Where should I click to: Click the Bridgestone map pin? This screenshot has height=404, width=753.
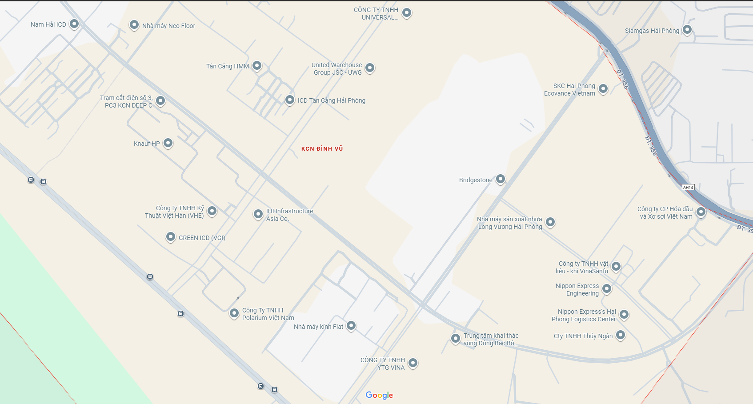[501, 179]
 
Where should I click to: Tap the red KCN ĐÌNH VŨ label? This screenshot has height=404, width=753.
[322, 149]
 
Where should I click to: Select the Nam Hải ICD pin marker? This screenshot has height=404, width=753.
[74, 24]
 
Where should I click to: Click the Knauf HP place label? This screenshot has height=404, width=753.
[147, 144]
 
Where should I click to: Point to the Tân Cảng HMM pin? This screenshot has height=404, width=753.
[257, 66]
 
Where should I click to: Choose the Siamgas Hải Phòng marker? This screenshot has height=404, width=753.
[687, 30]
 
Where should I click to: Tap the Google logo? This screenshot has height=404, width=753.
[379, 395]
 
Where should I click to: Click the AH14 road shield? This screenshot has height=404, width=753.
[688, 187]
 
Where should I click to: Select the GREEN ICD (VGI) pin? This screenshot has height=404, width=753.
[171, 236]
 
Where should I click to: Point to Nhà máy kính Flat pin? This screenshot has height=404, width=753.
[351, 326]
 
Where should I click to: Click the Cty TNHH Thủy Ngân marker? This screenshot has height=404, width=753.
[621, 335]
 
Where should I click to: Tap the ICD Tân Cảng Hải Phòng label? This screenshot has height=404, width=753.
[332, 100]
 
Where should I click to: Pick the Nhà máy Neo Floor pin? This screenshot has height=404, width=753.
[134, 25]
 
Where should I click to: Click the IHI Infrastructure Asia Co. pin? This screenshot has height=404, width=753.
[258, 214]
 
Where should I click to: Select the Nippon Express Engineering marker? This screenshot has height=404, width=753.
[607, 289]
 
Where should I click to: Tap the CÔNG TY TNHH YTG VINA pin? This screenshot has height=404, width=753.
[413, 363]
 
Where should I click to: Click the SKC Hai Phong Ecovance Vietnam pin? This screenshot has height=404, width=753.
[603, 88]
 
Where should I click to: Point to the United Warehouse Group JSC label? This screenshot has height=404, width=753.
[337, 69]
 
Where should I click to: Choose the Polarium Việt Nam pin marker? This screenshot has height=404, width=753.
[234, 313]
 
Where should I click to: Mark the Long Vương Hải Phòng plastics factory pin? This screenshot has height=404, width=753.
[550, 222]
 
